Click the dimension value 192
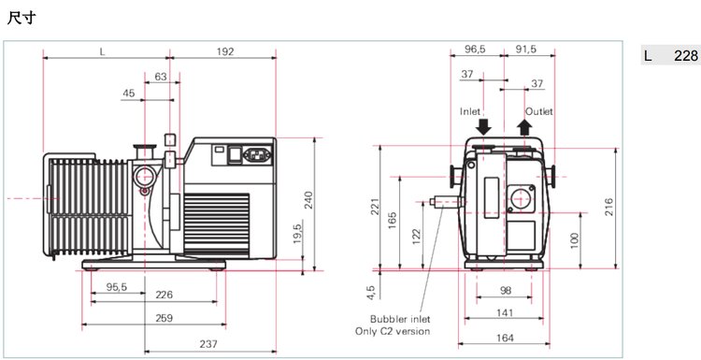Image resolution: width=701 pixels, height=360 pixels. tap(225, 51)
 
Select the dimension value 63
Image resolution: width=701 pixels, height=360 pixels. tap(161, 77)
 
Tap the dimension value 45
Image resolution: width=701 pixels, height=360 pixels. tap(129, 93)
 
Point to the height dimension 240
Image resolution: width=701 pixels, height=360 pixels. tap(308, 199)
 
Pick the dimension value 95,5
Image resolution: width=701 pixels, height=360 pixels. tap(117, 287)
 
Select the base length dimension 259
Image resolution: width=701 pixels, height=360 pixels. tap(164, 318)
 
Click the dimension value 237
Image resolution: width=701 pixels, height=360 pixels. tap(208, 344)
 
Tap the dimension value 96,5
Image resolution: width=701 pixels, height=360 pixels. tap(475, 50)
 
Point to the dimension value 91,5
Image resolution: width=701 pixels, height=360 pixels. tap(525, 50)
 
